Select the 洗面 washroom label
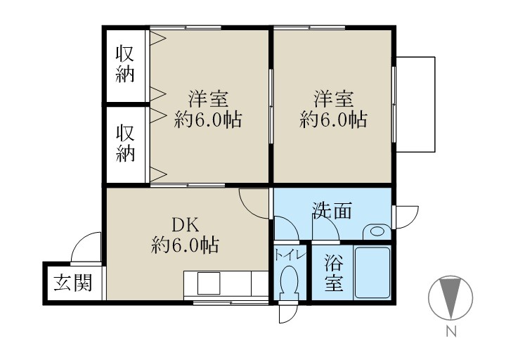pos(332,210)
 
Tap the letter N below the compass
pos(450,331)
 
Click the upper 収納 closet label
pos(125,63)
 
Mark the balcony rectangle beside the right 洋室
pos(415,103)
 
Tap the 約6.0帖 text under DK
pos(185,246)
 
